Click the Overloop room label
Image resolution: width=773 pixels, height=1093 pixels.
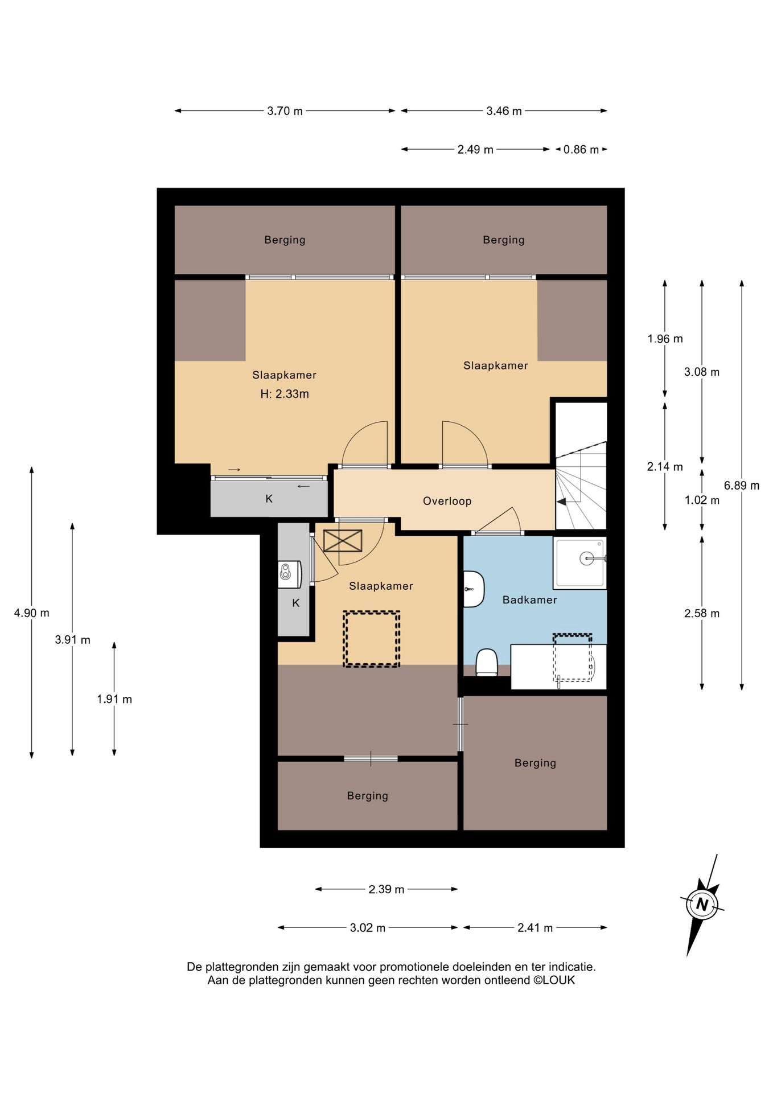[x=447, y=501]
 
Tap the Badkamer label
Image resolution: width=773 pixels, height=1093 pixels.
[x=529, y=599]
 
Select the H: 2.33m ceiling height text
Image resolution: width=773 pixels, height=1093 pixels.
[x=285, y=394]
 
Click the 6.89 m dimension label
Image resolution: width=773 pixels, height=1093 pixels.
[x=742, y=486]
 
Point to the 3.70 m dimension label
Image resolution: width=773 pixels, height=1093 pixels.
[x=285, y=111]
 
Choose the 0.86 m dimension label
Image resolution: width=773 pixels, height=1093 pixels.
[x=581, y=150]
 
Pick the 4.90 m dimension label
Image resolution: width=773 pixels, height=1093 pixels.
[x=32, y=613]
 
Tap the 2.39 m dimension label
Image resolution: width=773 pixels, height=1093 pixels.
[x=386, y=889]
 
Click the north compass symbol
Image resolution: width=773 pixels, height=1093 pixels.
[x=702, y=905]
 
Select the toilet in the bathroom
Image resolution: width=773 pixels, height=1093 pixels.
[x=487, y=662]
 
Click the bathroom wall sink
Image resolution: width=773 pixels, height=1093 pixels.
[x=472, y=589]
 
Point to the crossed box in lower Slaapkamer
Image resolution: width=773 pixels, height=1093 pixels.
[x=343, y=541]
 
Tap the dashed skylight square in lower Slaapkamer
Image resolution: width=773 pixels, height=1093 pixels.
[x=371, y=639]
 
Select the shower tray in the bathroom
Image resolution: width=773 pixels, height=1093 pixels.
[x=579, y=562]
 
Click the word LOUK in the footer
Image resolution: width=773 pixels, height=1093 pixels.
[x=559, y=980]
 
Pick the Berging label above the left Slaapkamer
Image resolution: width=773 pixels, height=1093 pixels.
[x=285, y=240]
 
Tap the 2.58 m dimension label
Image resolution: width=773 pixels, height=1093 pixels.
[x=702, y=613]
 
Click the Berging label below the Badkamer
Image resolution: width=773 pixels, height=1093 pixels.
[x=535, y=763]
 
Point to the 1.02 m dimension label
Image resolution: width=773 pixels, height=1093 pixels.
[x=702, y=500]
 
